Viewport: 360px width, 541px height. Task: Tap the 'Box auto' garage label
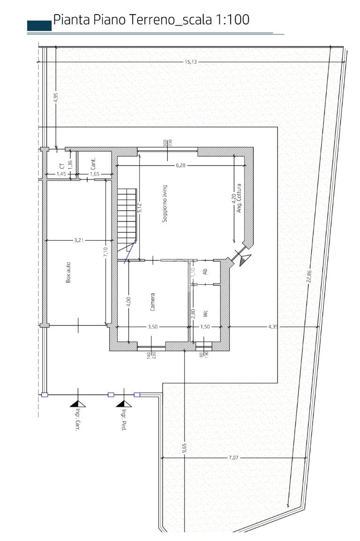(68, 273)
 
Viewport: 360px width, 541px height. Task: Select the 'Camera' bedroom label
(152, 302)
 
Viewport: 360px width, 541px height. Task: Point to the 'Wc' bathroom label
(205, 314)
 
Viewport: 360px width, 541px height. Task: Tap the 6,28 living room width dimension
(180, 165)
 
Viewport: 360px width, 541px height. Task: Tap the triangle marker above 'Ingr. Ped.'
(124, 404)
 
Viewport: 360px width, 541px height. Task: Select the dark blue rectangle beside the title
(39, 26)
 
